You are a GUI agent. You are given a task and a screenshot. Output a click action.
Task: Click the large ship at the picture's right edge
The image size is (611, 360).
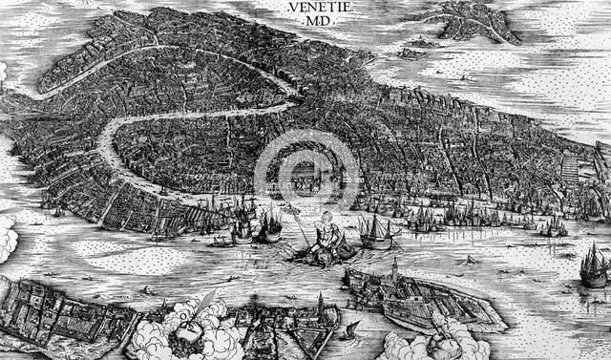[594, 265]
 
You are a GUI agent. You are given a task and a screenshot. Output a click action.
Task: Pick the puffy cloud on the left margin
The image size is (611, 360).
[7, 238]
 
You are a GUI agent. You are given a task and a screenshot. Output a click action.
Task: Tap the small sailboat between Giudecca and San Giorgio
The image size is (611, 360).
[352, 329]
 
